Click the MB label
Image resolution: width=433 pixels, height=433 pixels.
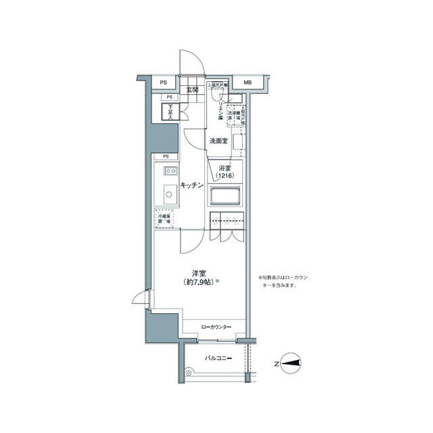(247, 83)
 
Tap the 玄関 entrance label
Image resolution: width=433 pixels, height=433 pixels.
(191, 89)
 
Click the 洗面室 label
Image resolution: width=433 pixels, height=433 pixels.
(218, 141)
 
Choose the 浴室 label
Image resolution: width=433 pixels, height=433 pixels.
(225, 168)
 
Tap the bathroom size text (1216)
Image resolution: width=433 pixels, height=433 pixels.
(225, 177)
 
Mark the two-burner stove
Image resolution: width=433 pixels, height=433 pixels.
(168, 170)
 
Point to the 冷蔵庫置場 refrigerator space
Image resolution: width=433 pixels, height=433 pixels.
(165, 219)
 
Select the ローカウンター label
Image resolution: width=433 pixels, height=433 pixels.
(216, 327)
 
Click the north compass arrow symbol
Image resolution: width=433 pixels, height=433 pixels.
(292, 364)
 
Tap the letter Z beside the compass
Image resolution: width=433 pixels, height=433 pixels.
(276, 364)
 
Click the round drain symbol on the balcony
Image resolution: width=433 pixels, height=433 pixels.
(189, 372)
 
